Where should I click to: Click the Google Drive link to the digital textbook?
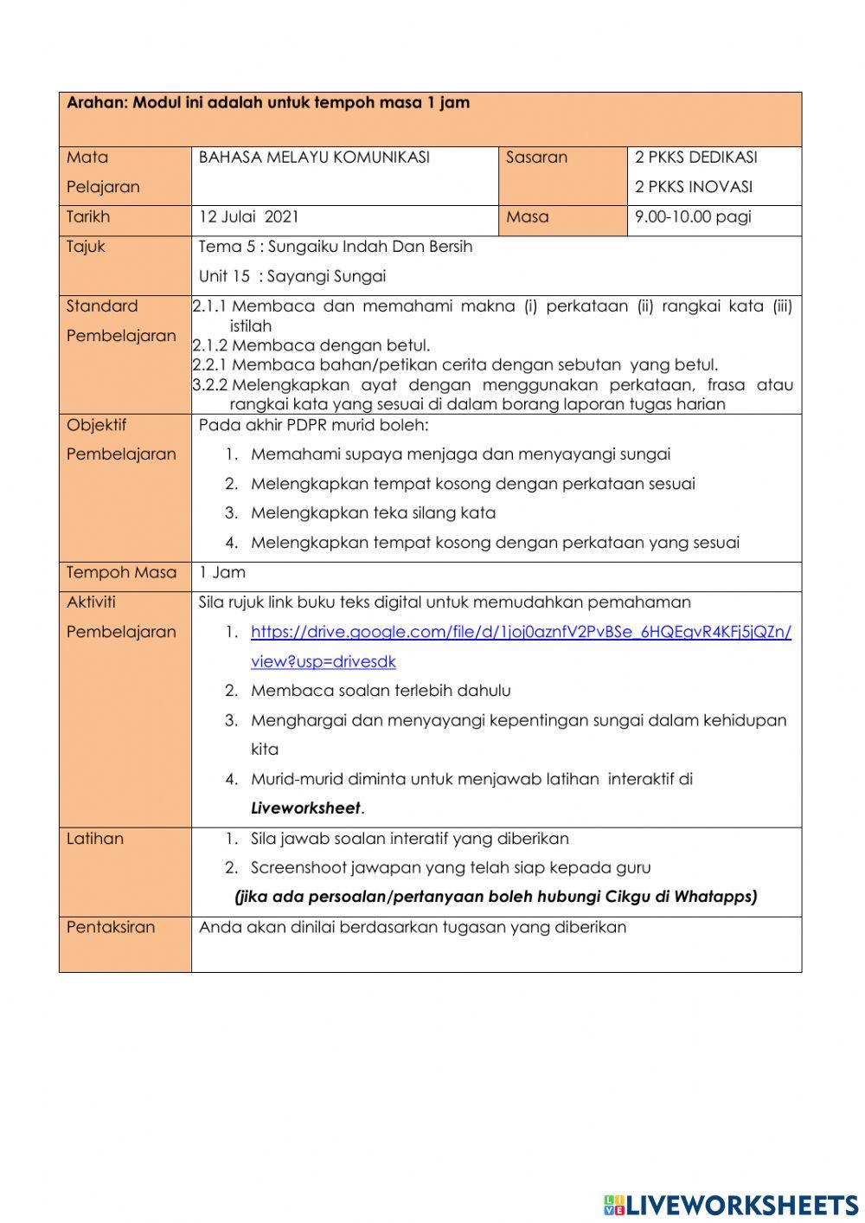click(520, 632)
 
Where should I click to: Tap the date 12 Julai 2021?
click(248, 217)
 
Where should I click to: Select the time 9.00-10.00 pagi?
click(693, 217)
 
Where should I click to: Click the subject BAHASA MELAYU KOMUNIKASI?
click(314, 158)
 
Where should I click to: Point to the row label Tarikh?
click(88, 217)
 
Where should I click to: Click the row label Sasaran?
click(536, 158)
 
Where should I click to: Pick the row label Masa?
click(527, 217)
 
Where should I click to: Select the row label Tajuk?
click(86, 247)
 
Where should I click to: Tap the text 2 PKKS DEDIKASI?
click(695, 158)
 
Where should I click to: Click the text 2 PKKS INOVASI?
click(693, 187)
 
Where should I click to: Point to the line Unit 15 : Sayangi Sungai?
click(292, 277)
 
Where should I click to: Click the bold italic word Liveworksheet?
click(305, 808)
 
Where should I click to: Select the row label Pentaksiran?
click(111, 927)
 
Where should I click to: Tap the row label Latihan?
click(94, 839)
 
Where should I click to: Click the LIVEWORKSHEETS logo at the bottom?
click(731, 1204)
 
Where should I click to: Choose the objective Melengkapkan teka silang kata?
click(373, 513)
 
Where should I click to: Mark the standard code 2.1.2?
click(210, 345)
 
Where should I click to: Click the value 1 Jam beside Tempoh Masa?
click(222, 573)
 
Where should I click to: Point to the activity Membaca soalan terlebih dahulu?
click(381, 691)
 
